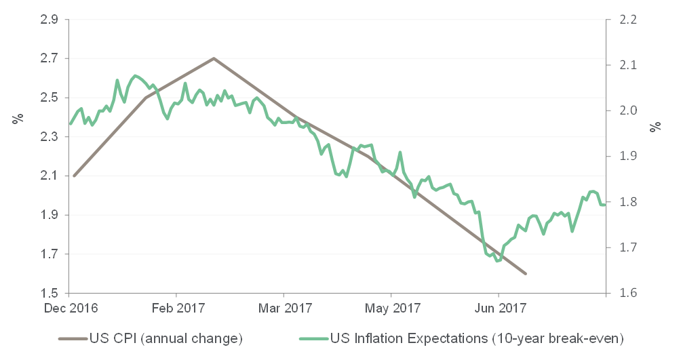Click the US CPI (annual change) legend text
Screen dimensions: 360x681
166,337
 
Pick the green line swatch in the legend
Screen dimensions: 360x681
313,337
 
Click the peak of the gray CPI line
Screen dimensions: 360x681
214,58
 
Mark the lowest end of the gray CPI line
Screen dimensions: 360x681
526,274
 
